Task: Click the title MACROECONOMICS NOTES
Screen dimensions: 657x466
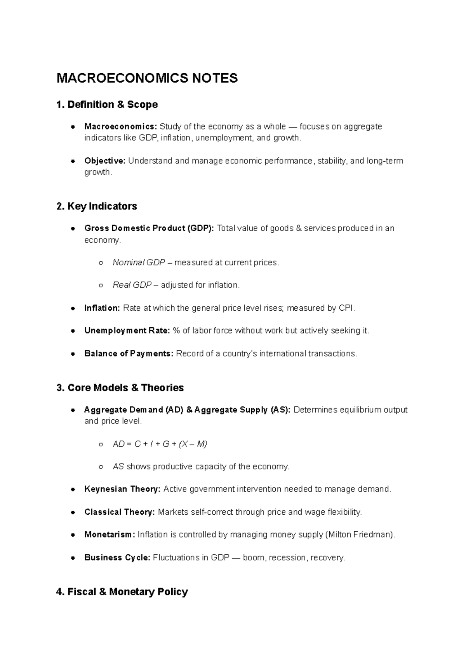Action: (x=147, y=78)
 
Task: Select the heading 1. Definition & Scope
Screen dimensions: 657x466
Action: (x=107, y=105)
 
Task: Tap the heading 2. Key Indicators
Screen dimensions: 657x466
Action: (x=97, y=206)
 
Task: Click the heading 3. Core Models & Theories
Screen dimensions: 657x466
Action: (x=120, y=388)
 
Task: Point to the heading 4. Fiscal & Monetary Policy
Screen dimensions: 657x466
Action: (x=122, y=592)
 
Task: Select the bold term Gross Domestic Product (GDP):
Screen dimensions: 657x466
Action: (x=149, y=228)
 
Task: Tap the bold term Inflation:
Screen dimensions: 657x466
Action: (x=102, y=308)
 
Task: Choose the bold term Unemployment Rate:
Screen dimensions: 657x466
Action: (x=127, y=331)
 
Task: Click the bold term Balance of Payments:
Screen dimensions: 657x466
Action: (x=129, y=354)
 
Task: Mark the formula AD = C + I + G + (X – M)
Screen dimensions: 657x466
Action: (x=160, y=444)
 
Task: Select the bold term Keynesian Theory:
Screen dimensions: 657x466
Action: (x=122, y=489)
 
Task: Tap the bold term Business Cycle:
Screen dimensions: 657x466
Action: (x=117, y=558)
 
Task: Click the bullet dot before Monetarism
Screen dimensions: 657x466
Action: (x=73, y=535)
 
